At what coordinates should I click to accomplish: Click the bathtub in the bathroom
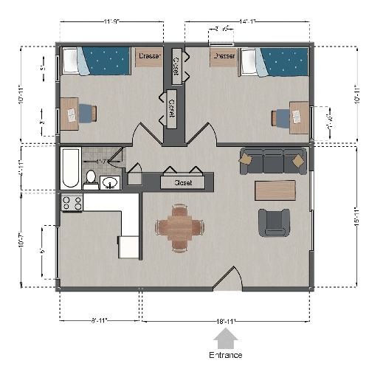click(69, 169)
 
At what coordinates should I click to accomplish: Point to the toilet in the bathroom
click(91, 179)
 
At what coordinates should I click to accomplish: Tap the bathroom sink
click(111, 182)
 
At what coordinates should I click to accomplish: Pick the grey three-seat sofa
click(272, 160)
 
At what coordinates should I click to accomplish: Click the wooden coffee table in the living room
click(275, 190)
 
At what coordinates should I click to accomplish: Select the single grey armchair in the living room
click(274, 222)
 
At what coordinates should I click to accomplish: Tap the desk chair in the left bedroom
click(86, 113)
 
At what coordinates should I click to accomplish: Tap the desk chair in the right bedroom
click(283, 117)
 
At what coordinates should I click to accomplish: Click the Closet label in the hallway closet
click(183, 182)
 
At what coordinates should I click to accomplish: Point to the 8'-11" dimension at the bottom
click(98, 322)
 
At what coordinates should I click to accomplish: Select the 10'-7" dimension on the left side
click(23, 240)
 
